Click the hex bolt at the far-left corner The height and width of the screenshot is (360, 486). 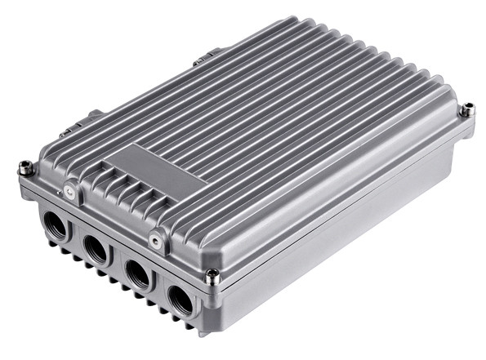coord(26,169)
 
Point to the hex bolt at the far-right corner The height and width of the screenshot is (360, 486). coord(467,109)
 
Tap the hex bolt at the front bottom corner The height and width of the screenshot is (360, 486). coord(212,277)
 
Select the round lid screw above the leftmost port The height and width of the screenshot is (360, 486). coord(70,193)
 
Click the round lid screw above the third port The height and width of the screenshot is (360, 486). coord(154,239)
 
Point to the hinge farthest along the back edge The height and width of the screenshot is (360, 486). coord(204,58)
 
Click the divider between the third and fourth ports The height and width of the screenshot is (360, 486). coord(159,287)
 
